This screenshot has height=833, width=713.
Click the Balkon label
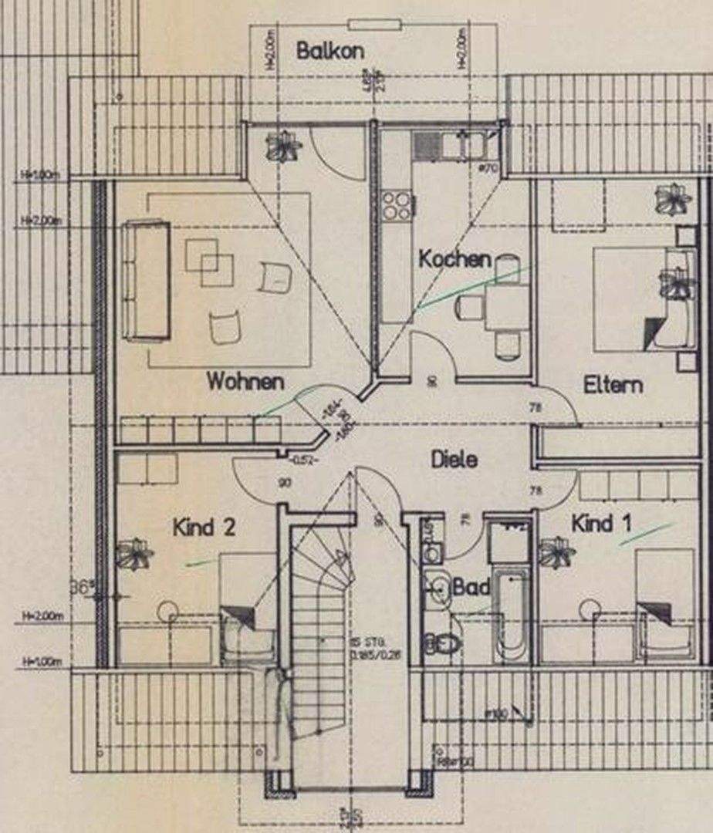pos(330,52)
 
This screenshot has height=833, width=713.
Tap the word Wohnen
pos(245,381)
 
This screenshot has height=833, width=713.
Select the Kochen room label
pos(454,259)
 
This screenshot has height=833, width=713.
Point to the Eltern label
pos(613,385)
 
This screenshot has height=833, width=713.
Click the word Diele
pos(454,460)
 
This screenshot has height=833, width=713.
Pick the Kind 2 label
pos(204,528)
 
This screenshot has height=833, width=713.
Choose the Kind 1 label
pos(601,524)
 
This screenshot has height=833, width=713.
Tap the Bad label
pos(471,588)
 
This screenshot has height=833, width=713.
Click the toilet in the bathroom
pos(442,642)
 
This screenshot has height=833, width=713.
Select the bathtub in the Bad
pos(512,613)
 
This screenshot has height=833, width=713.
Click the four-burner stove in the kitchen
pos(397,206)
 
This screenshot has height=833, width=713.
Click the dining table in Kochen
pos(506,307)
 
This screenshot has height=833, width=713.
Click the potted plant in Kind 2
pos(135,553)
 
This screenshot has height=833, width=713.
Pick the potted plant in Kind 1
pos(557,552)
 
